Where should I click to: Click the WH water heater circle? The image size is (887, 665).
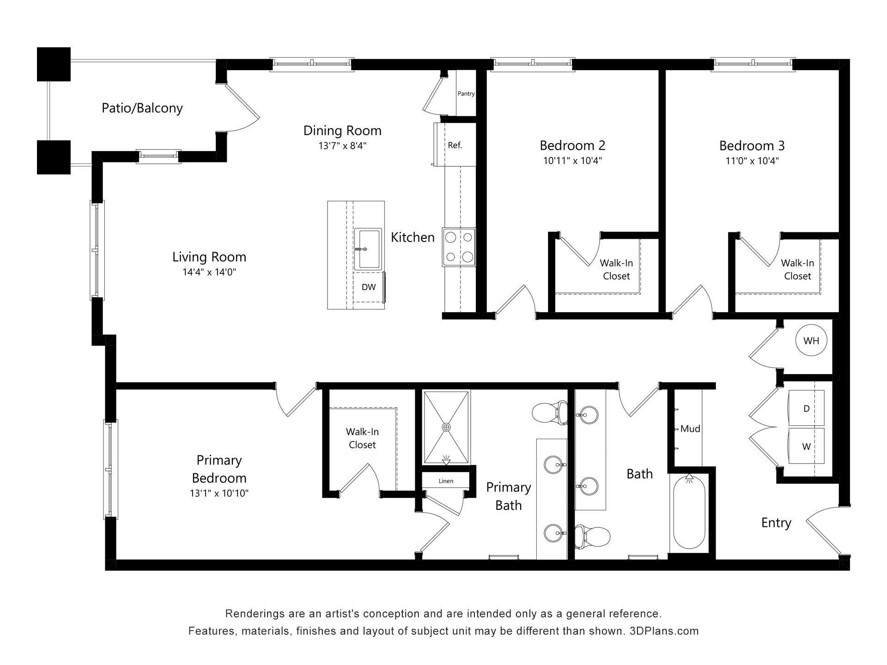(x=811, y=341)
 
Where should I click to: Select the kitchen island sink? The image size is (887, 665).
(x=368, y=248)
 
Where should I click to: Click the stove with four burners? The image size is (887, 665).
(x=459, y=247)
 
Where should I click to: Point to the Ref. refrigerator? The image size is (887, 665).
(x=455, y=145)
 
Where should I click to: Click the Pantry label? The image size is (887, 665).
(x=466, y=93)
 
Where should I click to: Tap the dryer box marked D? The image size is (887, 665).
(x=806, y=408)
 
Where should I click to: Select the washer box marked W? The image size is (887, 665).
(x=806, y=446)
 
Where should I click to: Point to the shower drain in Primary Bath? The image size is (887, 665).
(x=446, y=427)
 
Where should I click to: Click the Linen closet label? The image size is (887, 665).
(x=446, y=481)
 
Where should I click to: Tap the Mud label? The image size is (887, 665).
(x=690, y=429)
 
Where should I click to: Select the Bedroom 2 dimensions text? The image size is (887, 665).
(x=572, y=161)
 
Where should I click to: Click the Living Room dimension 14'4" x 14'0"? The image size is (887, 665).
(x=209, y=272)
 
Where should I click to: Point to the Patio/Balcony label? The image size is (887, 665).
(x=142, y=108)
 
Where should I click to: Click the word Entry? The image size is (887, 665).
(x=776, y=523)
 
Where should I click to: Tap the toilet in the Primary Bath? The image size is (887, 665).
(x=550, y=412)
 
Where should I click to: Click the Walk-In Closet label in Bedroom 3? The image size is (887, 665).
(x=797, y=269)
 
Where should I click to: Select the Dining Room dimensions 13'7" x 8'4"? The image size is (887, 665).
(x=342, y=146)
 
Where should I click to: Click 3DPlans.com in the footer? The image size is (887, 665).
(x=664, y=631)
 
